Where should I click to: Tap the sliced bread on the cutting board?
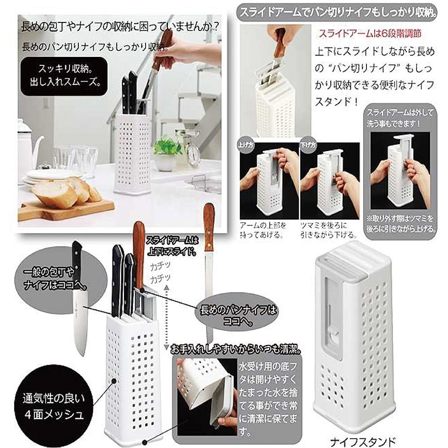pos(66,191)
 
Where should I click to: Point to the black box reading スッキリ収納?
pos(64,76)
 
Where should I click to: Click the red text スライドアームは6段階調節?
pos(370,34)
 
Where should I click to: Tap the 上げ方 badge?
pos(246,145)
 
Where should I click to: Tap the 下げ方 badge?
pos(308,145)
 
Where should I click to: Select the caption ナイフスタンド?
pos(362,442)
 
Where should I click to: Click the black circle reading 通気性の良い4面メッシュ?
pos(53,406)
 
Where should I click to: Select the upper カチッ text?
pos(160,266)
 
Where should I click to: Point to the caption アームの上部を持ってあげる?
pos(263,230)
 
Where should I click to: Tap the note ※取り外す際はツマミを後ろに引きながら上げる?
pos(401,224)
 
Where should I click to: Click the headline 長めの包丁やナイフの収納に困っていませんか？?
pos(120,27)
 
